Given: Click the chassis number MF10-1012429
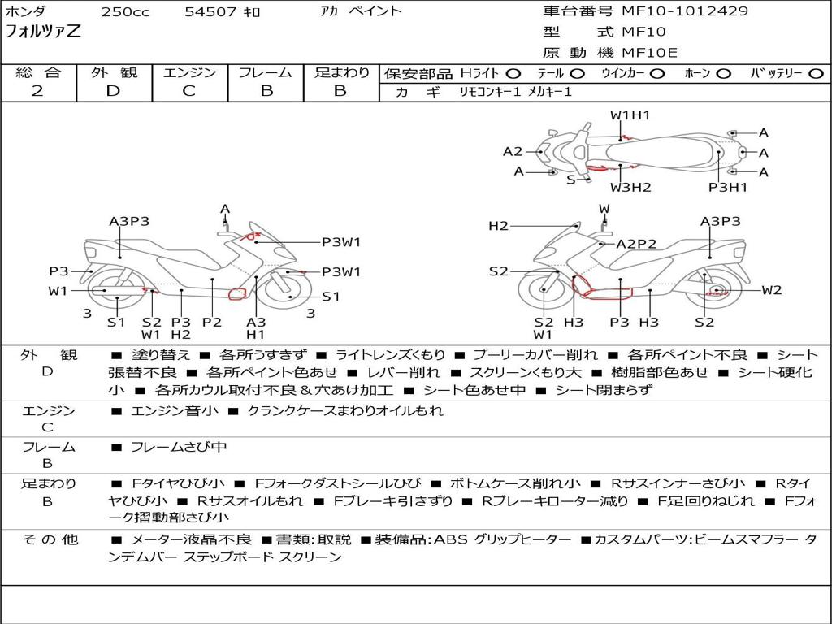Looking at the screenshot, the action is (x=685, y=11).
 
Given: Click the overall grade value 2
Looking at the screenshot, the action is (x=37, y=91).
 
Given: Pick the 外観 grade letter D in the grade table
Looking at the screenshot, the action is (x=113, y=91).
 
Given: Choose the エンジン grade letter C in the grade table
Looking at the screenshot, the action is (x=188, y=91).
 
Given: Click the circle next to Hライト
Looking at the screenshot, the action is (x=513, y=73).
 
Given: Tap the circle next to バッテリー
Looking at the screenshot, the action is (x=816, y=73).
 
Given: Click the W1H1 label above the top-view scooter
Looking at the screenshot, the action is (x=630, y=115).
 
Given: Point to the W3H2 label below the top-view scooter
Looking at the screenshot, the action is (x=630, y=188).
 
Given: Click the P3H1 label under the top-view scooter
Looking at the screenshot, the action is (x=727, y=188).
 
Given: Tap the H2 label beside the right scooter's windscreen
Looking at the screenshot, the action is (x=498, y=226).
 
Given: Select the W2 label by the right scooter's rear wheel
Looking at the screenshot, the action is (x=771, y=290).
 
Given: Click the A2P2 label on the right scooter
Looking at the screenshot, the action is (x=636, y=243).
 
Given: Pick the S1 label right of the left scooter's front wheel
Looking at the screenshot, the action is (x=331, y=297).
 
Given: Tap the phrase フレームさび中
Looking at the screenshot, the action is (x=179, y=447).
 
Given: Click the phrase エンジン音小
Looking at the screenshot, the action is (x=174, y=411).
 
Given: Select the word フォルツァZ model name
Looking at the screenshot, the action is (x=43, y=33).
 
